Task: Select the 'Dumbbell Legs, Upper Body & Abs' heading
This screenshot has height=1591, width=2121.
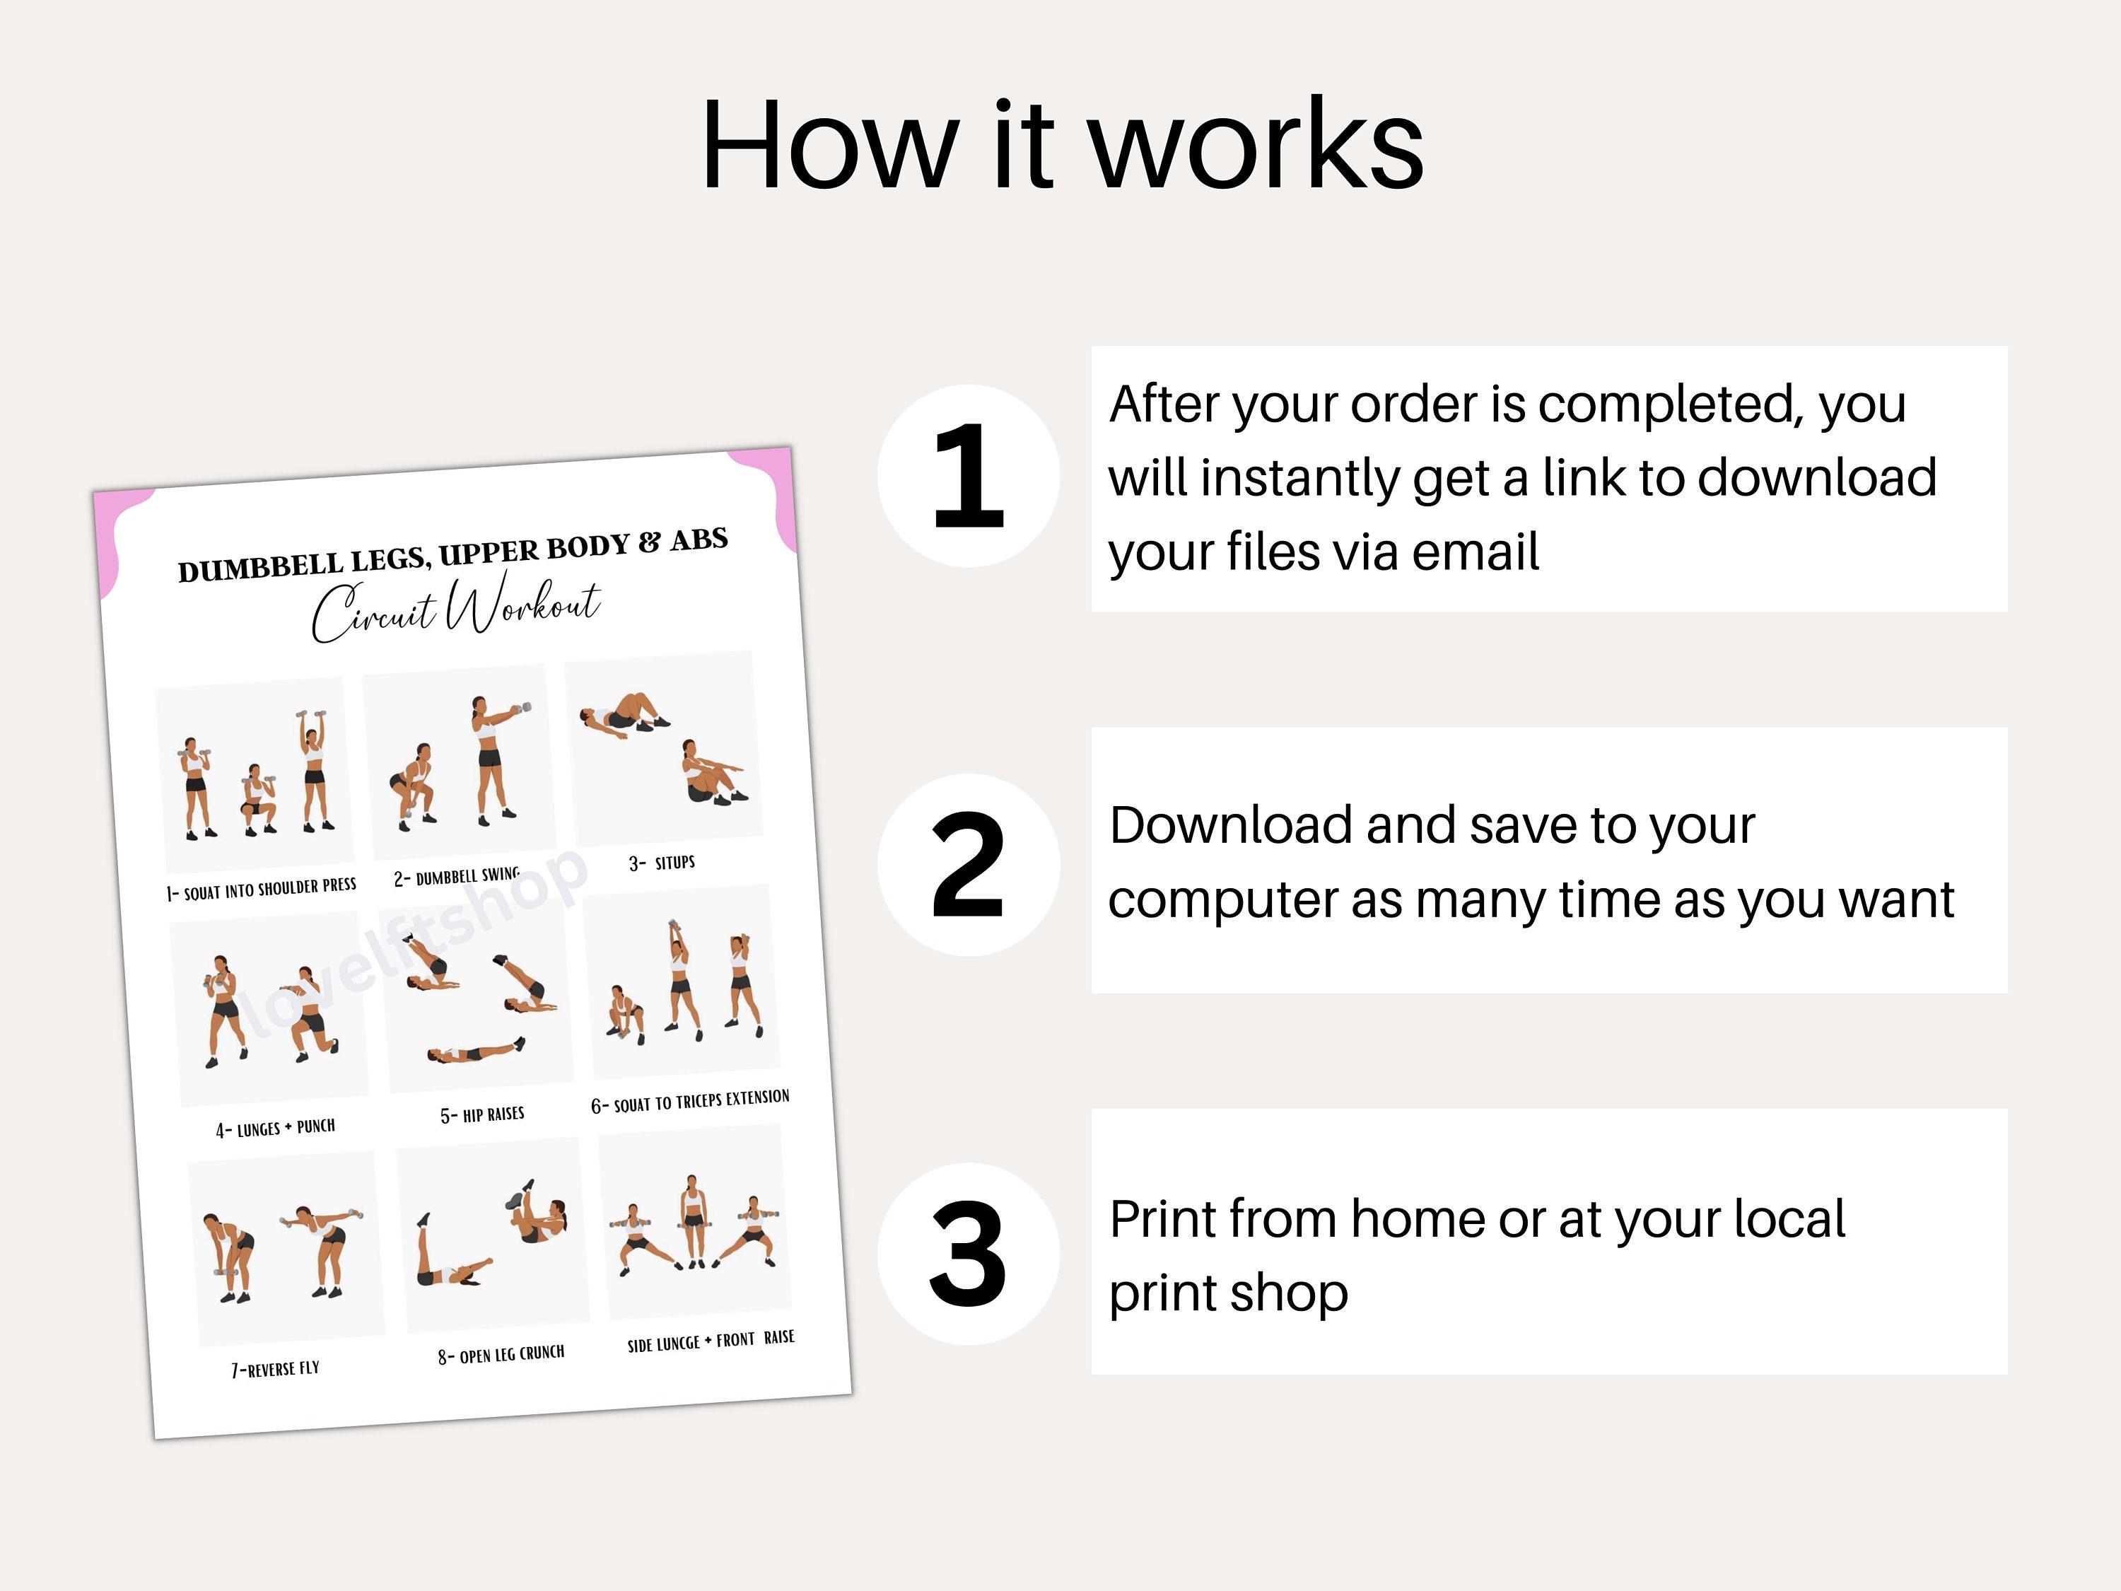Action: click(x=452, y=554)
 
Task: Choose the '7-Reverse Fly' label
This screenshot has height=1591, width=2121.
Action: click(x=275, y=1368)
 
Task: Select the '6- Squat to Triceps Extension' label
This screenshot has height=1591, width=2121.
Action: click(x=690, y=1102)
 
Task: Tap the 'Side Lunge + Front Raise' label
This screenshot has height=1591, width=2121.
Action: click(x=711, y=1340)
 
